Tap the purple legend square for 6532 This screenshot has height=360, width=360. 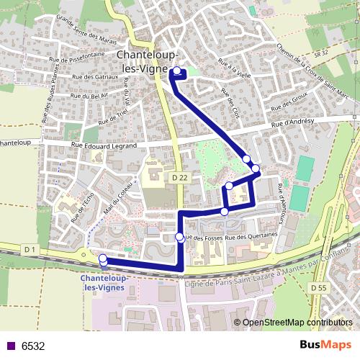[10, 346]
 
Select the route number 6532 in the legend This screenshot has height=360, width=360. [33, 346]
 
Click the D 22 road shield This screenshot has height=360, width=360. [180, 176]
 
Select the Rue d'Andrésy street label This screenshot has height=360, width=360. [293, 124]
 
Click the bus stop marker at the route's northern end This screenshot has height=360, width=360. [176, 71]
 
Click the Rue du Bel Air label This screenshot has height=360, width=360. [89, 96]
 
